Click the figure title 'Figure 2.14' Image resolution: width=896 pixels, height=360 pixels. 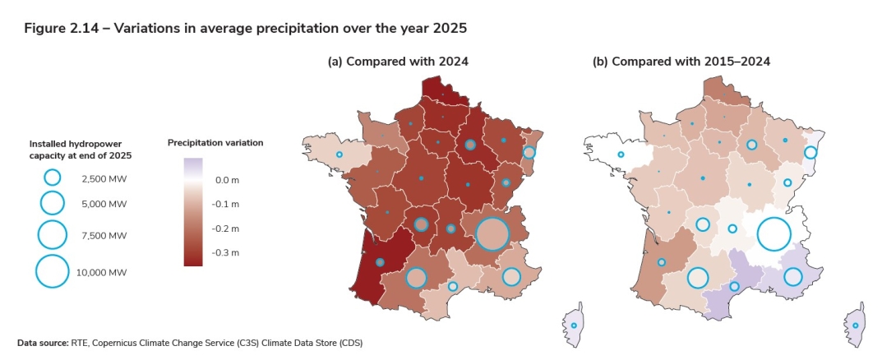click(x=59, y=28)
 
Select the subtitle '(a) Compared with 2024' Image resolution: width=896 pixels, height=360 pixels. click(x=398, y=62)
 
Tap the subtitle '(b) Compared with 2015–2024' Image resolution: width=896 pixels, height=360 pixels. click(x=681, y=62)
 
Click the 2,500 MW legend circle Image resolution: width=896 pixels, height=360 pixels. click(x=52, y=178)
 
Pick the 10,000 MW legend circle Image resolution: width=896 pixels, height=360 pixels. click(x=52, y=271)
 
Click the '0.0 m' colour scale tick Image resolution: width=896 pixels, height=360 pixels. click(x=227, y=179)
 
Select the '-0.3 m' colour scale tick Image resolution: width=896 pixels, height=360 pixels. click(x=227, y=253)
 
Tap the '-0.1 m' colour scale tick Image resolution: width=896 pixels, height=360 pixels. click(x=227, y=204)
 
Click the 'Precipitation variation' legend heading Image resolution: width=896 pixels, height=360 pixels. click(x=215, y=143)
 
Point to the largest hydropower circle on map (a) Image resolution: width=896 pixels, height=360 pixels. click(x=492, y=234)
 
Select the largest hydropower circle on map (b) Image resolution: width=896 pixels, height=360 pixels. click(x=774, y=234)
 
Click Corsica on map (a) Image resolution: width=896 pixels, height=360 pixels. click(x=574, y=325)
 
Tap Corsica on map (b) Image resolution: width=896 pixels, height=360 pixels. click(x=855, y=325)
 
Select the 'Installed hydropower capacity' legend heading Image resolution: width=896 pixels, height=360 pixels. click(x=80, y=150)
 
